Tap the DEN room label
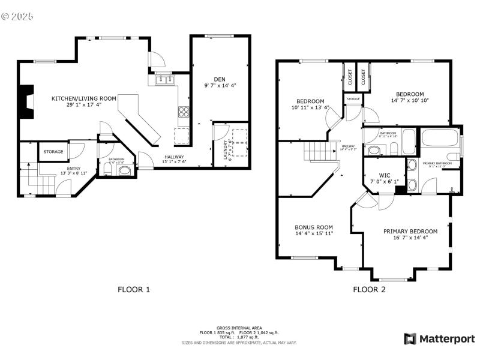click(x=220, y=79)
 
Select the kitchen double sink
click(x=163, y=79)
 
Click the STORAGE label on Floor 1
click(x=53, y=152)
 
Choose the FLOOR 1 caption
click(x=133, y=289)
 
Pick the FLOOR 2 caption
click(x=369, y=289)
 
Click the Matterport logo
click(x=439, y=339)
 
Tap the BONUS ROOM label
click(x=313, y=228)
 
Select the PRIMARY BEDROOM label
click(x=410, y=231)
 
